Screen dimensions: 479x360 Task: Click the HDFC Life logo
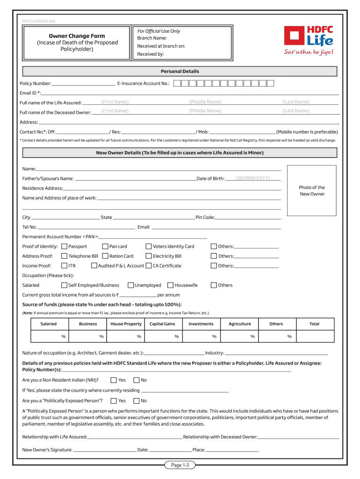(x=309, y=40)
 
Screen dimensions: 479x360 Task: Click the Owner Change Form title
(x=77, y=36)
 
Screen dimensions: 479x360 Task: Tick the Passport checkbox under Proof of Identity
(x=65, y=247)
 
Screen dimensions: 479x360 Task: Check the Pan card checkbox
(x=106, y=247)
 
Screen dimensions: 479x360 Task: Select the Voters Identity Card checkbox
(x=149, y=247)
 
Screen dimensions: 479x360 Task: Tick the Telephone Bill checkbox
(x=65, y=256)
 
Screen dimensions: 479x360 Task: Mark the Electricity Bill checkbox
(x=149, y=256)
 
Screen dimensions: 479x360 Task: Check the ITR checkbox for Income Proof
(x=65, y=266)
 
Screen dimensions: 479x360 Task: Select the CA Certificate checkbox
(x=149, y=266)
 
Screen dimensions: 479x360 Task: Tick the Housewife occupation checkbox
(x=171, y=285)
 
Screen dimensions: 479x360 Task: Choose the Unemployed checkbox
(x=130, y=285)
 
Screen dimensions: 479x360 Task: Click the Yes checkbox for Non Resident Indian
(x=114, y=380)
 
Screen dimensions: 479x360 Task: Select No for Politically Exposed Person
(x=137, y=401)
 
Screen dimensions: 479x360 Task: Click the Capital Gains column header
(x=162, y=324)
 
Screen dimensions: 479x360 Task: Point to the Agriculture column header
(x=239, y=324)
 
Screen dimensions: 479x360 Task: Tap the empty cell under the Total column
(x=314, y=336)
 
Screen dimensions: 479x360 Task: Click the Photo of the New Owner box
(x=312, y=190)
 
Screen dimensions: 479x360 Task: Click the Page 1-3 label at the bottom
(x=180, y=465)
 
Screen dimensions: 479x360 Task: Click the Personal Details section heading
(x=180, y=72)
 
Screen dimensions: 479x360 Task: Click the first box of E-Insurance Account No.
(x=177, y=84)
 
